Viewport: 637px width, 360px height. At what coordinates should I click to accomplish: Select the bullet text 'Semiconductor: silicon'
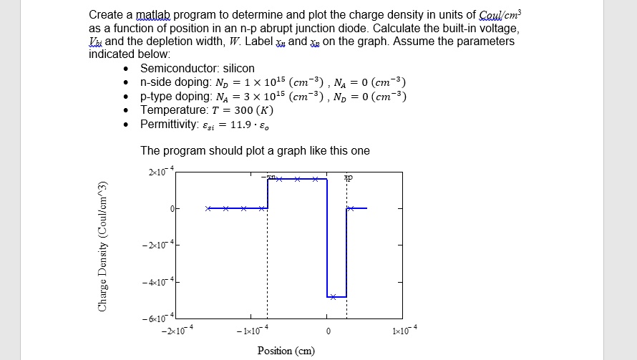[198, 69]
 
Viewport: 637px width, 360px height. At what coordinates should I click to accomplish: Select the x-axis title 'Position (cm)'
[285, 350]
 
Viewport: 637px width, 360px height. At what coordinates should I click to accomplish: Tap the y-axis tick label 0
[171, 208]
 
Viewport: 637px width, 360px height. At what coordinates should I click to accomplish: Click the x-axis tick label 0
[328, 331]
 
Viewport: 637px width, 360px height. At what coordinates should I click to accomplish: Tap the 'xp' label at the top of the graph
[348, 177]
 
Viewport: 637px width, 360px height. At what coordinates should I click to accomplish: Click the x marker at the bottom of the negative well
[334, 296]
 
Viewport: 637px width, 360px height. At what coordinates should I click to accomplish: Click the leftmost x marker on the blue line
[208, 208]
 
